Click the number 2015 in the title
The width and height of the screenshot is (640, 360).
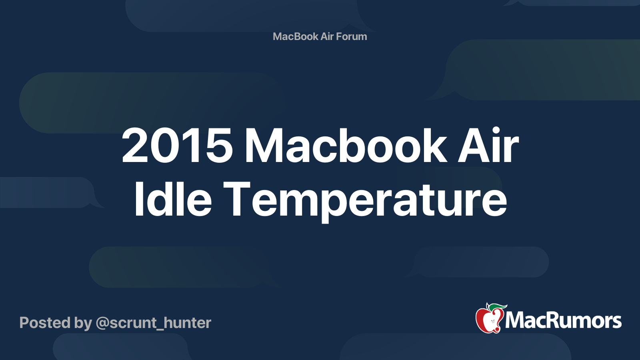pos(177,146)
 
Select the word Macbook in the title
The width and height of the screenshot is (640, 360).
pos(345,146)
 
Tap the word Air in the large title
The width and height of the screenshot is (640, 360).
pos(488,146)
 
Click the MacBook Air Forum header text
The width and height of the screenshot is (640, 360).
pos(320,36)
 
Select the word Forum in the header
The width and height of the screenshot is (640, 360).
pos(351,36)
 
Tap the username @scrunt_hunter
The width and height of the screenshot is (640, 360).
pos(153,323)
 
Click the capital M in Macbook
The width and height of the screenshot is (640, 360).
pos(264,146)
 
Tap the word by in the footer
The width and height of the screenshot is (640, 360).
pos(83,323)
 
